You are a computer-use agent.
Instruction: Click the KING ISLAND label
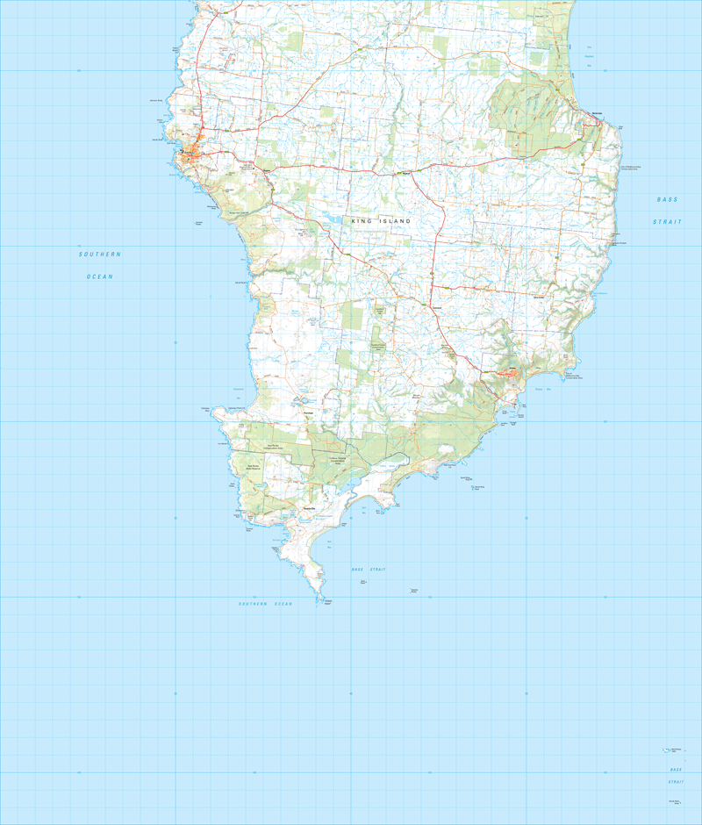(381, 222)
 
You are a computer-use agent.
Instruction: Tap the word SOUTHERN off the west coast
(99, 255)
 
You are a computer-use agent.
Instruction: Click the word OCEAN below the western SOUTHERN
(99, 276)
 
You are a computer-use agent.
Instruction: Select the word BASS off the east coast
(667, 200)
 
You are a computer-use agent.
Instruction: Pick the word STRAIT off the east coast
(667, 222)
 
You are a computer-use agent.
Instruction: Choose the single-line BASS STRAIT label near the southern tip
(369, 570)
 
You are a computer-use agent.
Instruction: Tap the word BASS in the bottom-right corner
(676, 770)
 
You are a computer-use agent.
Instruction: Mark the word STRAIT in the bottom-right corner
(676, 781)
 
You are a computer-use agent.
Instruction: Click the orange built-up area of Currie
(192, 155)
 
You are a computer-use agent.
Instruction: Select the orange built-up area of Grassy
(506, 373)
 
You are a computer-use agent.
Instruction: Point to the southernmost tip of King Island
(317, 602)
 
